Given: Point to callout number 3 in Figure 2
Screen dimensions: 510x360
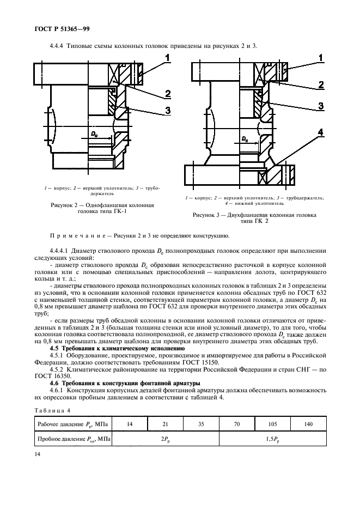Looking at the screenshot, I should pyautogui.click(x=168, y=111).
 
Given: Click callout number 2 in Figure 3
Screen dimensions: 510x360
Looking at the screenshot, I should pyautogui.click(x=321, y=85).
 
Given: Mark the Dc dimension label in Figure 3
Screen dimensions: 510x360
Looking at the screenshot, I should pyautogui.click(x=245, y=139).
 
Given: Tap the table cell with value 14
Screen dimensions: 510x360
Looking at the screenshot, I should pyautogui.click(x=129, y=423).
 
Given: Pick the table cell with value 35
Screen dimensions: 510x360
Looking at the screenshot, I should pyautogui.click(x=200, y=423).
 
